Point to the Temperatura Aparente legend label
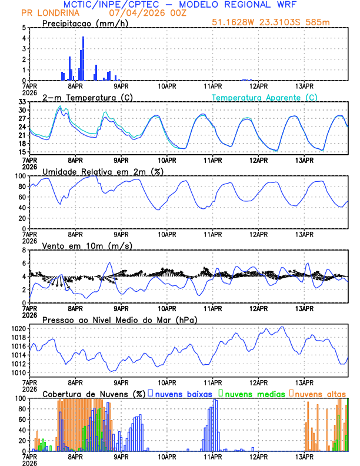point(265,97)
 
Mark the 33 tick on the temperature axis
point(22,102)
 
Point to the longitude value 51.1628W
point(235,22)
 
